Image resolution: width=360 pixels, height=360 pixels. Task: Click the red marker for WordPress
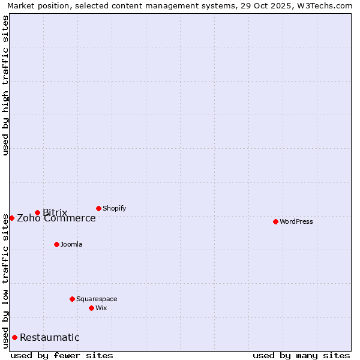point(275,221)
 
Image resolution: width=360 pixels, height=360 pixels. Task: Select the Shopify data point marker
point(98,208)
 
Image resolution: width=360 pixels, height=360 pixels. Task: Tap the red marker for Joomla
point(56,244)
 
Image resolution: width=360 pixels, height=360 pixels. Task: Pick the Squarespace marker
point(72,299)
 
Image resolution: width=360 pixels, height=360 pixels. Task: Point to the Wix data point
point(91,308)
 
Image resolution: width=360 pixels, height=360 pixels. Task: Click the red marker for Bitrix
point(37,212)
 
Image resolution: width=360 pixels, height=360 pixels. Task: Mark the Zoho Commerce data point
point(11,218)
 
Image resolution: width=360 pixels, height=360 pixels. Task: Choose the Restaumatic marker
point(14,337)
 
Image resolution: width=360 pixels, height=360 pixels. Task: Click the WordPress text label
point(296,221)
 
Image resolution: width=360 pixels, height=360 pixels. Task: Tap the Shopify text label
point(115,208)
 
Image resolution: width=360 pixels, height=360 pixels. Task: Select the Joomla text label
point(71,244)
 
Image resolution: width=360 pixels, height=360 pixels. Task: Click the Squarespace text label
point(97,299)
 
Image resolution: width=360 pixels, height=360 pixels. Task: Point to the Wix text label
point(101,308)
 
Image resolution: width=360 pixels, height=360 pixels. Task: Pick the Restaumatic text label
point(50,337)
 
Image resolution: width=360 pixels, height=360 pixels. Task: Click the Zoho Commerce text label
point(56,218)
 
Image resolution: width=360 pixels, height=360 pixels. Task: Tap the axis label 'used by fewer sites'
point(62,355)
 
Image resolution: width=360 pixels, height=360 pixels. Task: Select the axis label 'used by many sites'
point(301,355)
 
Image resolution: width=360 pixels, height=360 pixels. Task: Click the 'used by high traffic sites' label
point(5,85)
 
